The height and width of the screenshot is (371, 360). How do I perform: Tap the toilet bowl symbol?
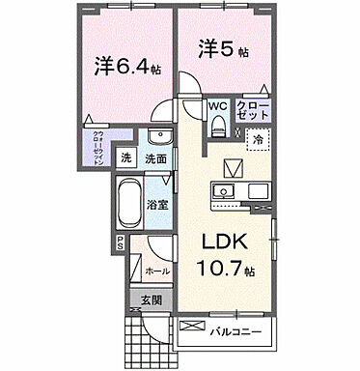point(219,123)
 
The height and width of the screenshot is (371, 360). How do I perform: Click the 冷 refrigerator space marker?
point(258,139)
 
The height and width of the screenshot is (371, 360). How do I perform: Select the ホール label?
point(159,271)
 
